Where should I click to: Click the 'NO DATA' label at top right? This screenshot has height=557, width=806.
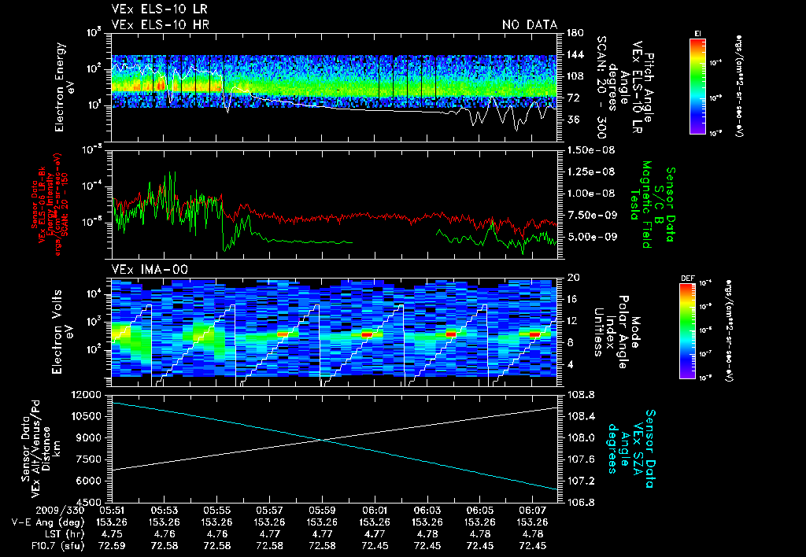pos(530,25)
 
